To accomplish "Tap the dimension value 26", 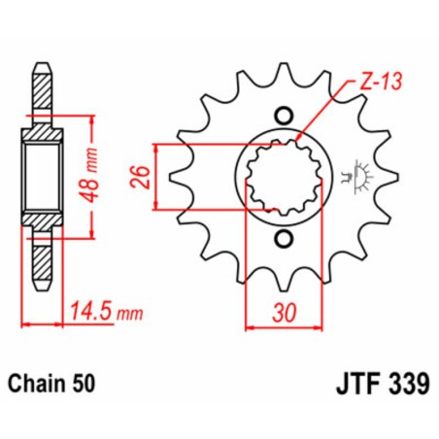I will coord(140,175).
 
